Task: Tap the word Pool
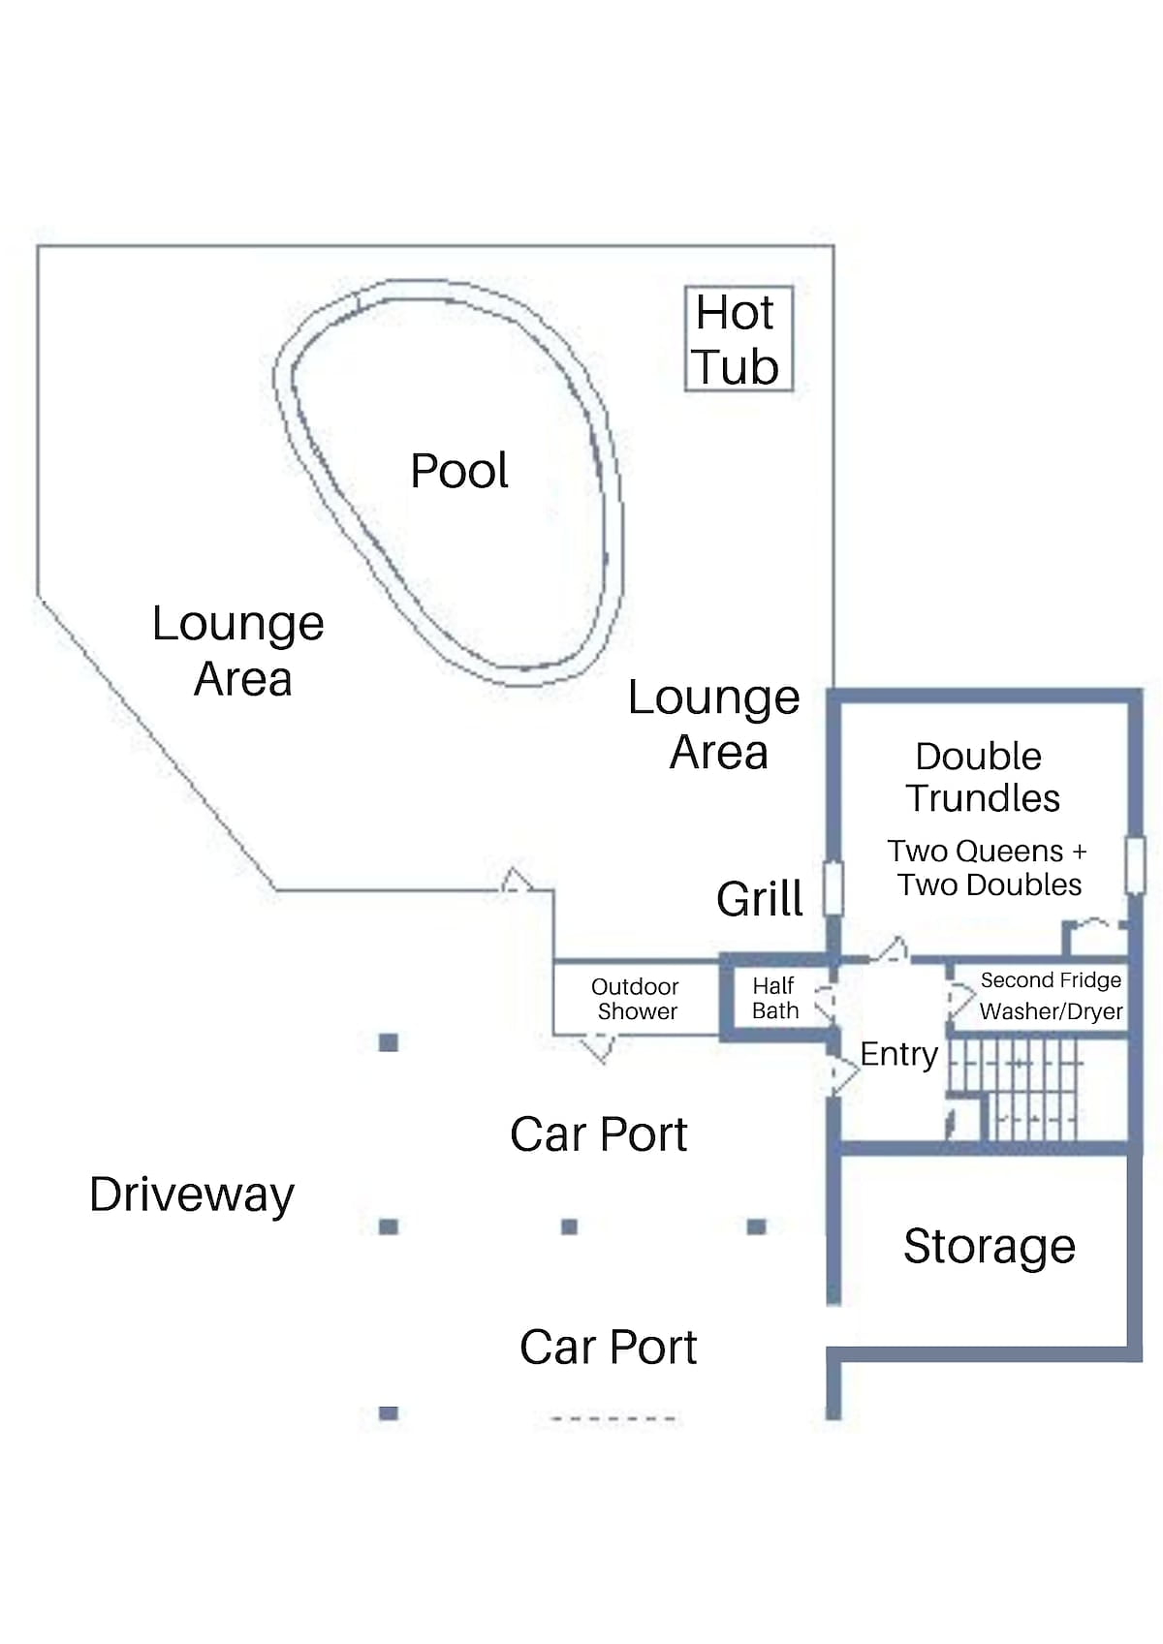(458, 471)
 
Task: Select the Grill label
(759, 898)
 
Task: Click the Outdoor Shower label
(636, 999)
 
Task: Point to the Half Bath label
(774, 998)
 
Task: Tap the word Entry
(898, 1055)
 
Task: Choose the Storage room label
(989, 1247)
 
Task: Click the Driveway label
(192, 1195)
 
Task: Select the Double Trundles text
(982, 777)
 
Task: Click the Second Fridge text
(1051, 979)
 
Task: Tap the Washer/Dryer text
(1051, 1011)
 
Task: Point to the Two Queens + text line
(987, 852)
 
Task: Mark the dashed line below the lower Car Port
(613, 1418)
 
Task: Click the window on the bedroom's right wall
(1135, 866)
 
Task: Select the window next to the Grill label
(833, 888)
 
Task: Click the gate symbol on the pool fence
(517, 880)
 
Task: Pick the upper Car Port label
(598, 1134)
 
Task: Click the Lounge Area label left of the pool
(238, 651)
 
